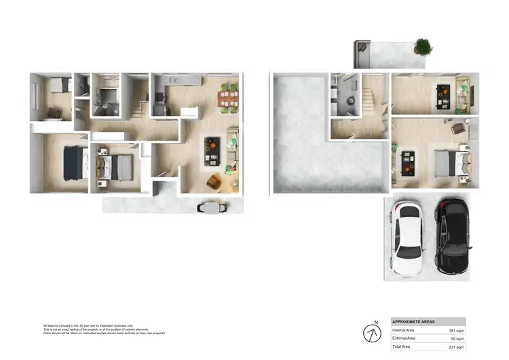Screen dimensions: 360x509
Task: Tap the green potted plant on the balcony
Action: [422, 47]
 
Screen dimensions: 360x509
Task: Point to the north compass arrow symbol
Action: [373, 334]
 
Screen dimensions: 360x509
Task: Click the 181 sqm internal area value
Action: [456, 330]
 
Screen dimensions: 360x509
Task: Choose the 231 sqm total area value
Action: [456, 346]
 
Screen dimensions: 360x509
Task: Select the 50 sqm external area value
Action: [458, 338]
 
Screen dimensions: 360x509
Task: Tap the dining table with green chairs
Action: [228, 97]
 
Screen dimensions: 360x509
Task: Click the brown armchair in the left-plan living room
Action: [215, 181]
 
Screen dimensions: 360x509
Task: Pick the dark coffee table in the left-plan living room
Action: [212, 150]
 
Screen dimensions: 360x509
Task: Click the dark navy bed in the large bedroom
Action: [73, 162]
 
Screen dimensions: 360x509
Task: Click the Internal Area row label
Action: [404, 330]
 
